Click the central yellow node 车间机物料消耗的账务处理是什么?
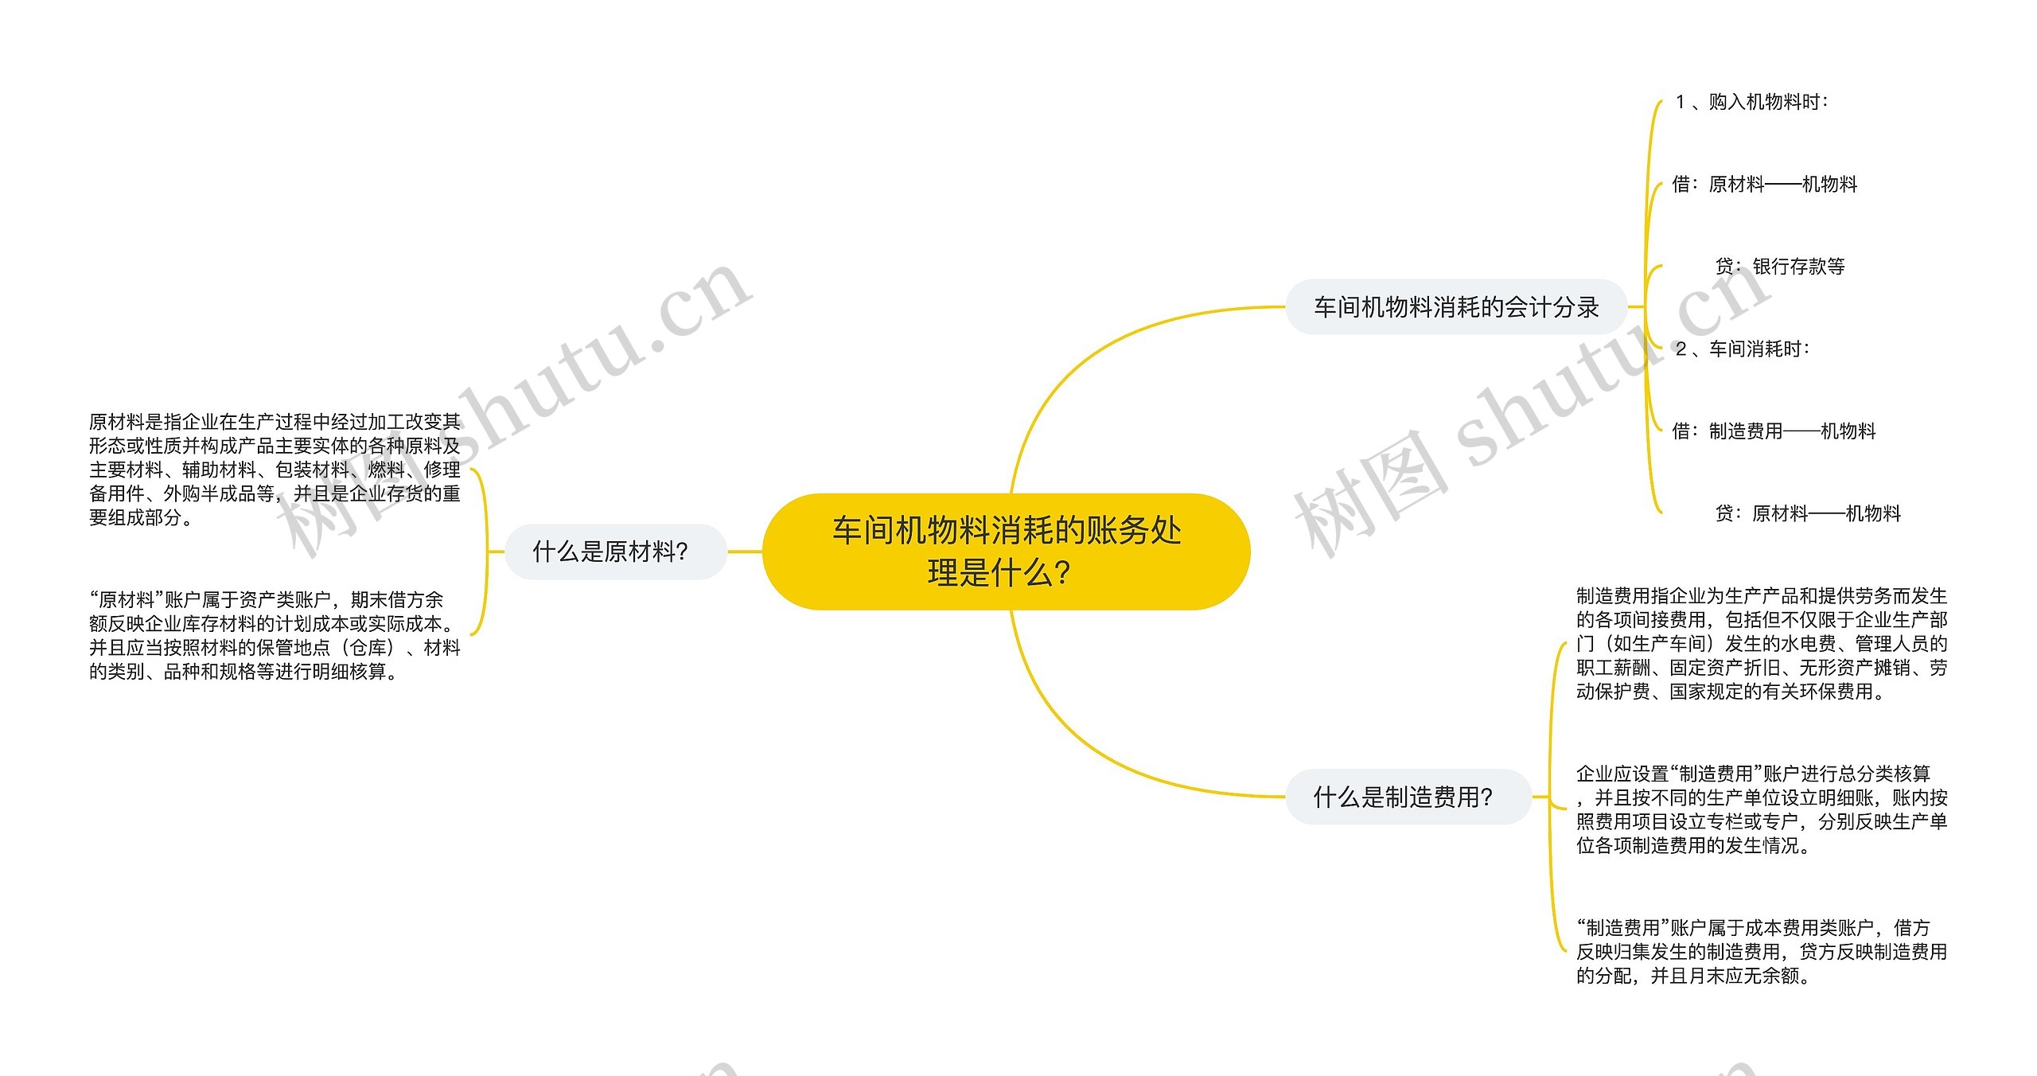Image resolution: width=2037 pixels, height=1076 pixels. point(1006,551)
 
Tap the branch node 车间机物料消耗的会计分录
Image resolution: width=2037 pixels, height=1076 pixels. point(1455,306)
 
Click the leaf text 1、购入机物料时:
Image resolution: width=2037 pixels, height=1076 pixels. point(1751,102)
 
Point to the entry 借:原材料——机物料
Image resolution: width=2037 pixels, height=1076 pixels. point(1764,185)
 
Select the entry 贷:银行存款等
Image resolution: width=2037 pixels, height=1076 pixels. point(1779,267)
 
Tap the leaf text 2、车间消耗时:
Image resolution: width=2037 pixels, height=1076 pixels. point(1742,349)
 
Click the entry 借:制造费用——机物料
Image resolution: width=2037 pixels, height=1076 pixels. point(1774,431)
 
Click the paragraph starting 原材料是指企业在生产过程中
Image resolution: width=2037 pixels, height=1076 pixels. point(275,469)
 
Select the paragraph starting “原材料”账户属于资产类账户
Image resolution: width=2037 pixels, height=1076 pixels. point(275,635)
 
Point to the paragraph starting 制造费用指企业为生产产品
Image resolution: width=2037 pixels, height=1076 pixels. point(1761,643)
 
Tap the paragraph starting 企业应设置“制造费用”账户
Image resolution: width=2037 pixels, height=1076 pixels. point(1761,809)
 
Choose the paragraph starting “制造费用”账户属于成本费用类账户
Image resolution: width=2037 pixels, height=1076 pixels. point(1761,951)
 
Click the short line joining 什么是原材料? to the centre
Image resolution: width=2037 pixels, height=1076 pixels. point(745,551)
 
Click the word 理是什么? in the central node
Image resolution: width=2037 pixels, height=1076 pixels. point(999,573)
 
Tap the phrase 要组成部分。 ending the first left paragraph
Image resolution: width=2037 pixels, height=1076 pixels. point(140,518)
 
